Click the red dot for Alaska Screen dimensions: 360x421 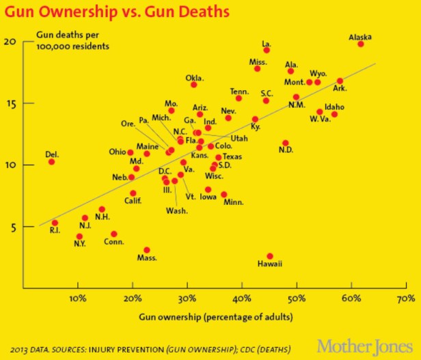pyautogui.click(x=361, y=44)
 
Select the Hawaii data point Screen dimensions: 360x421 pyautogui.click(x=270, y=256)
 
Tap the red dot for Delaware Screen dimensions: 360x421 pyautogui.click(x=51, y=162)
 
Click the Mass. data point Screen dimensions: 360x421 pyautogui.click(x=146, y=250)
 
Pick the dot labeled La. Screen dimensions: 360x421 pyautogui.click(x=267, y=51)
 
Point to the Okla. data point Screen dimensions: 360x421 pyautogui.click(x=193, y=85)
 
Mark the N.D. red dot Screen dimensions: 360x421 pyautogui.click(x=286, y=143)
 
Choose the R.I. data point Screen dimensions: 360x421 pyautogui.click(x=55, y=223)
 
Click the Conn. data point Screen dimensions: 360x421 pyautogui.click(x=114, y=234)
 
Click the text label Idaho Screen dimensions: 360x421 pyautogui.click(x=334, y=107)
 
